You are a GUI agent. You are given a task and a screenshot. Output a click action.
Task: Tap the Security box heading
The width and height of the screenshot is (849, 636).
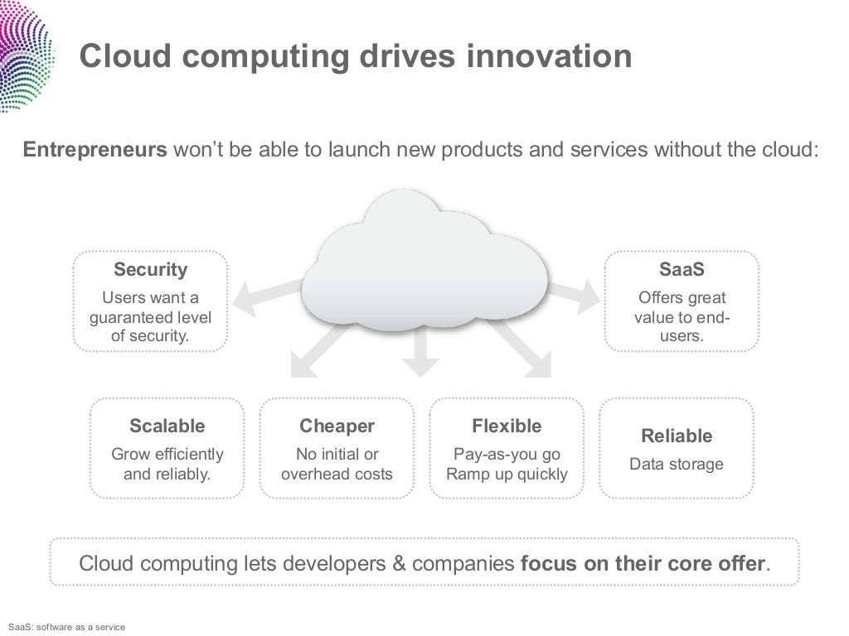150,270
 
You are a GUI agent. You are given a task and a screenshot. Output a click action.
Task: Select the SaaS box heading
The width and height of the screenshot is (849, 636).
681,270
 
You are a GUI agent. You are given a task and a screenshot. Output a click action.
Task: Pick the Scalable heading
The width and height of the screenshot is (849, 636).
167,426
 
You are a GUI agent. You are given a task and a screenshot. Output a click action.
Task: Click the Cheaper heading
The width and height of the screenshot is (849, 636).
337,426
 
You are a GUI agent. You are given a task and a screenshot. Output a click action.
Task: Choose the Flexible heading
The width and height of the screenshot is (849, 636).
507,426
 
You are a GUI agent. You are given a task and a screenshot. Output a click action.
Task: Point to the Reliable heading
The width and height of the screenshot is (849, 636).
677,436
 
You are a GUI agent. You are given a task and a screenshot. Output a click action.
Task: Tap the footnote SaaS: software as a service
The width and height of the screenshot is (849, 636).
65,627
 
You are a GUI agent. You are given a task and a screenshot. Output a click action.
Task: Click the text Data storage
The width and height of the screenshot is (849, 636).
677,464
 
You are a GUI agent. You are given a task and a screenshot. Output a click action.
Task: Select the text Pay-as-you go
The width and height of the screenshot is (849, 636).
507,454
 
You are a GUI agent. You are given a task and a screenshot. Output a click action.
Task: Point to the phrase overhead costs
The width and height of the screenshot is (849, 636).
337,475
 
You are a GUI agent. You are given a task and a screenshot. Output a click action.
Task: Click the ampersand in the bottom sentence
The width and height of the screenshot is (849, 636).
398,564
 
